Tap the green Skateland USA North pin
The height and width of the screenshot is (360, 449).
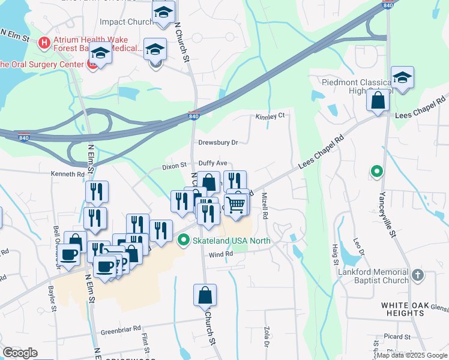coord(184,241)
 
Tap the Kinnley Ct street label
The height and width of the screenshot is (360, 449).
coord(269,116)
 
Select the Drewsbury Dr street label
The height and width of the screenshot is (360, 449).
coord(218,143)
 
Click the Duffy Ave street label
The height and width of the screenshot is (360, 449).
coord(213,163)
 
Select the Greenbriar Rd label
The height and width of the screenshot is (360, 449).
coord(121,329)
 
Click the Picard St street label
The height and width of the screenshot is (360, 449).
coord(398,337)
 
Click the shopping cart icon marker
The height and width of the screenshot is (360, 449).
coord(237,205)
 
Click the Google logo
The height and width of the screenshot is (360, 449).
coord(20,353)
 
